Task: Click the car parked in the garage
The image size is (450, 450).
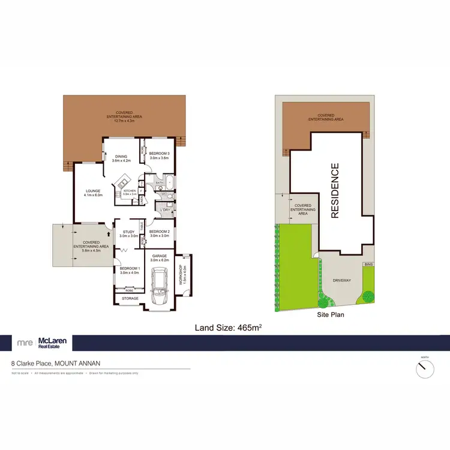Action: click(x=160, y=286)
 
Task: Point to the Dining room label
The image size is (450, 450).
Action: click(x=122, y=157)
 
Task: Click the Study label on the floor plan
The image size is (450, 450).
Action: click(x=128, y=232)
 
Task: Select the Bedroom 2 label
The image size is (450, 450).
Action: click(x=160, y=232)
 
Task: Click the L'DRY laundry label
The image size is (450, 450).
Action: click(x=161, y=209)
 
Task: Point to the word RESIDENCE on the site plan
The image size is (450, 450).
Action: click(x=335, y=190)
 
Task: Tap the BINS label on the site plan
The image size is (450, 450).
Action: click(x=367, y=264)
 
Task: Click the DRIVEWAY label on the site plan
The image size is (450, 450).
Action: click(x=341, y=280)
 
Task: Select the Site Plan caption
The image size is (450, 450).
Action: click(x=331, y=314)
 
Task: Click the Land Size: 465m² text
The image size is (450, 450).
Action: click(x=229, y=328)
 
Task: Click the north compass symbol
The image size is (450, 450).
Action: click(x=425, y=368)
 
